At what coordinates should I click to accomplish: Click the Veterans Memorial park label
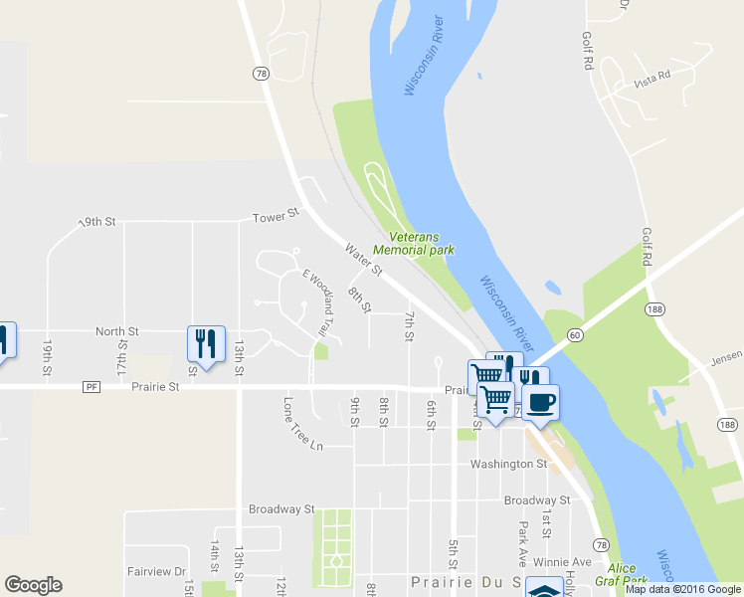click(413, 244)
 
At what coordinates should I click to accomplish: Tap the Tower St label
click(276, 215)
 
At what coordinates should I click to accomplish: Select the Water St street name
click(363, 259)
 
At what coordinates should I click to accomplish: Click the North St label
click(116, 331)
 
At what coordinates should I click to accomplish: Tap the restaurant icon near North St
click(206, 344)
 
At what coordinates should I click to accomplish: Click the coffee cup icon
click(540, 402)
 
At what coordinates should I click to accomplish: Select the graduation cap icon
click(544, 590)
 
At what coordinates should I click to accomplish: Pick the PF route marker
click(92, 386)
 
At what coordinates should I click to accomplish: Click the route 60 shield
click(575, 336)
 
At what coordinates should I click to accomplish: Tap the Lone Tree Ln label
click(303, 425)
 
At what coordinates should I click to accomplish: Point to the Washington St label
click(509, 464)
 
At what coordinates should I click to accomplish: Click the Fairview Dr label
click(157, 572)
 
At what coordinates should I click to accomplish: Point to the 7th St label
click(409, 325)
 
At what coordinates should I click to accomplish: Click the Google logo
click(33, 585)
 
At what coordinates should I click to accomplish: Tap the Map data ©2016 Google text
click(682, 589)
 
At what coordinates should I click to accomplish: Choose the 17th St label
click(122, 357)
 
